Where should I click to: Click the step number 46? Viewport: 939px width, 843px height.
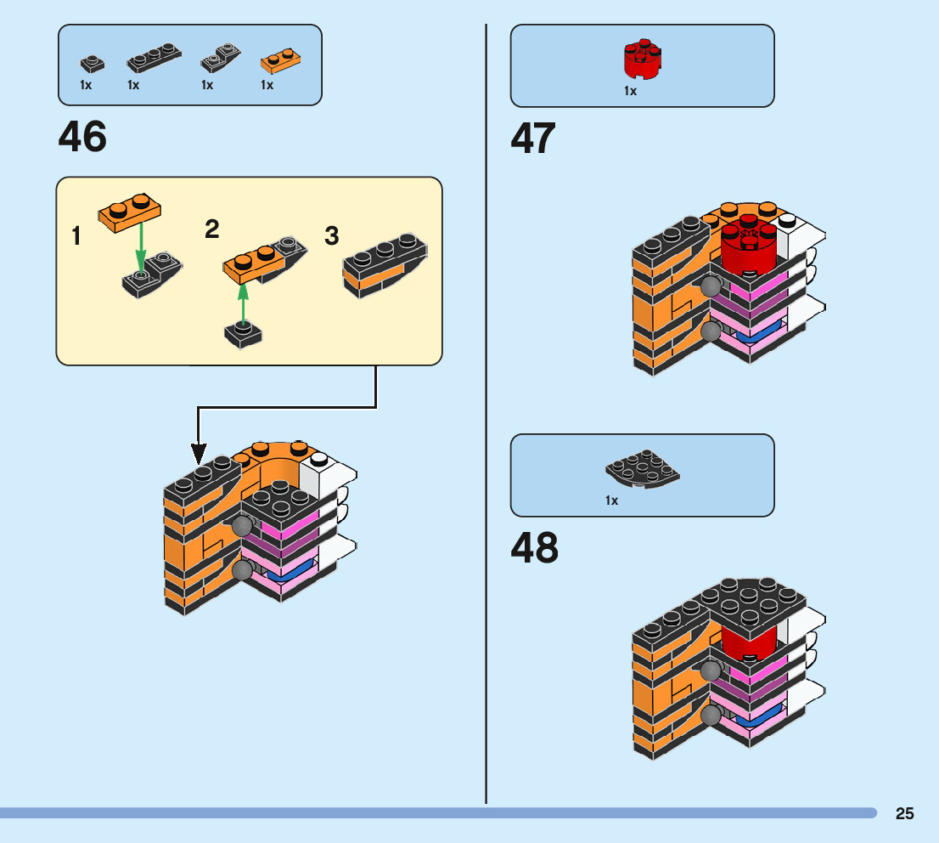82,137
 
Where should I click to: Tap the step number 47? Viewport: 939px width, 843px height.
533,139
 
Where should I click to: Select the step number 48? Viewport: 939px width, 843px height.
534,549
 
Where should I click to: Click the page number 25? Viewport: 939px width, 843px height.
904,813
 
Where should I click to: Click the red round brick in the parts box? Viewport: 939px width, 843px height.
642,58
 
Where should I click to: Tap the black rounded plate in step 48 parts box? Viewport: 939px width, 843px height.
642,470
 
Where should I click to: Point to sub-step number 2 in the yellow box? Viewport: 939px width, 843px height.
212,229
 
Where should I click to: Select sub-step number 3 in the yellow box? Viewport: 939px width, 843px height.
332,235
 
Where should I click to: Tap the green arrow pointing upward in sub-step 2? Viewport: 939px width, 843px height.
244,303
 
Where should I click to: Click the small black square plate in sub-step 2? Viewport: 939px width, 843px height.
244,335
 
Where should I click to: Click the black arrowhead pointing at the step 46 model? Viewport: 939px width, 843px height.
198,455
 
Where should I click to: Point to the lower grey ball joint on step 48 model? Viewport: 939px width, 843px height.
711,716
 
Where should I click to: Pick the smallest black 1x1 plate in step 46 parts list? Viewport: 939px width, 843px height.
92,63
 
